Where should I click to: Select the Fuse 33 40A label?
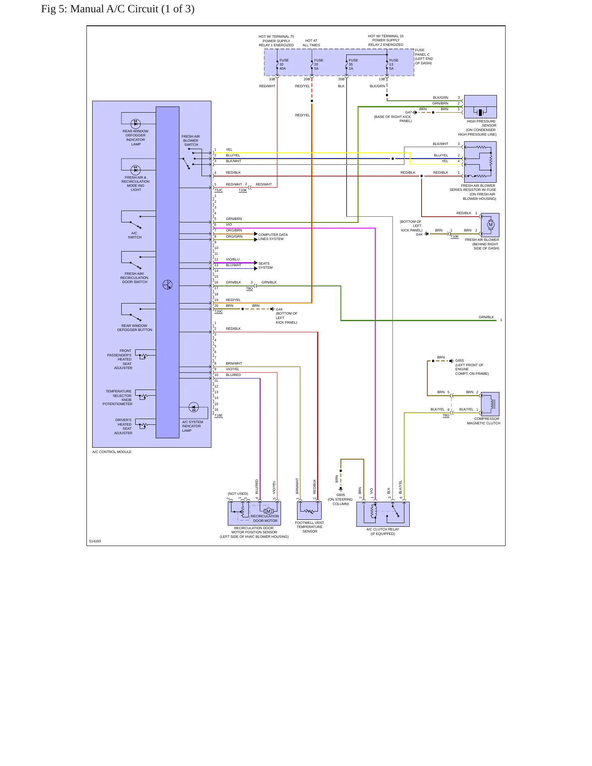coord(284,64)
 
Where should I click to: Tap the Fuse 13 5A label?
coord(394,64)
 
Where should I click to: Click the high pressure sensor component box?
coord(480,107)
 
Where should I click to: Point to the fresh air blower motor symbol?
coord(490,225)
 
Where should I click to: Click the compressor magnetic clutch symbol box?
coord(490,404)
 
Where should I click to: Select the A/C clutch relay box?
coord(383,514)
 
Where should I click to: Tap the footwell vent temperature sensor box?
coord(309,510)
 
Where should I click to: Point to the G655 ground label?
coord(460,361)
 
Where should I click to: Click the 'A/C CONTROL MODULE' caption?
coord(112,452)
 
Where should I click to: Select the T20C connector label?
coord(218,311)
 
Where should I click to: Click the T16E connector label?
coord(218,415)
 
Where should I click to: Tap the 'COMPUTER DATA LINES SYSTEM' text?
coord(273,237)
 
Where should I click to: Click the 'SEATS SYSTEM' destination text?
coord(265,265)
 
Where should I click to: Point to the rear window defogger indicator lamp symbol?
coord(136,123)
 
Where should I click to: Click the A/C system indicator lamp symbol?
coord(194,407)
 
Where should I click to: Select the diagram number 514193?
coord(95,541)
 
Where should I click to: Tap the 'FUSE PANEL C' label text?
coord(422,52)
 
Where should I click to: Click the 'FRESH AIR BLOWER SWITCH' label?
coord(191,141)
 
